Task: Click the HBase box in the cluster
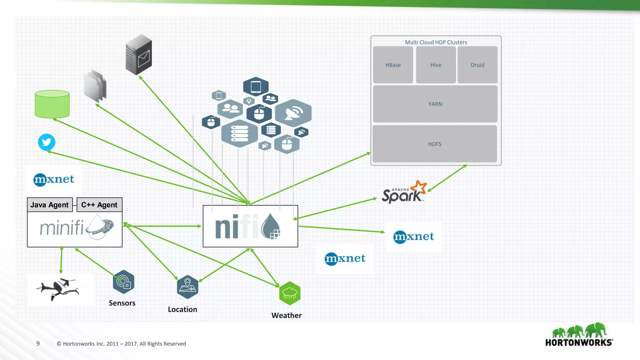tap(393, 65)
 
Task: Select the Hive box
tap(436, 65)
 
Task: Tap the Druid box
tap(477, 65)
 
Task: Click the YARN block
tap(435, 104)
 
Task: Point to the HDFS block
tap(435, 144)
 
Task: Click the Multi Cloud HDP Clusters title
tap(436, 42)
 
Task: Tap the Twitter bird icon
tap(47, 142)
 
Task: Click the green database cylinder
tap(52, 104)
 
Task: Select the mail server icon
tap(139, 55)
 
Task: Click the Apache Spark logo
tap(404, 192)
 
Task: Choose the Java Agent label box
tap(50, 205)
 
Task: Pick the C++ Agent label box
tap(99, 205)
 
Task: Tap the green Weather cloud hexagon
tap(290, 293)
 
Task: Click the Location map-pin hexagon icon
tap(187, 287)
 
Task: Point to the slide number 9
tap(38, 343)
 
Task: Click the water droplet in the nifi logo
tap(270, 226)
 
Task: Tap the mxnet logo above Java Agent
tap(54, 179)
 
